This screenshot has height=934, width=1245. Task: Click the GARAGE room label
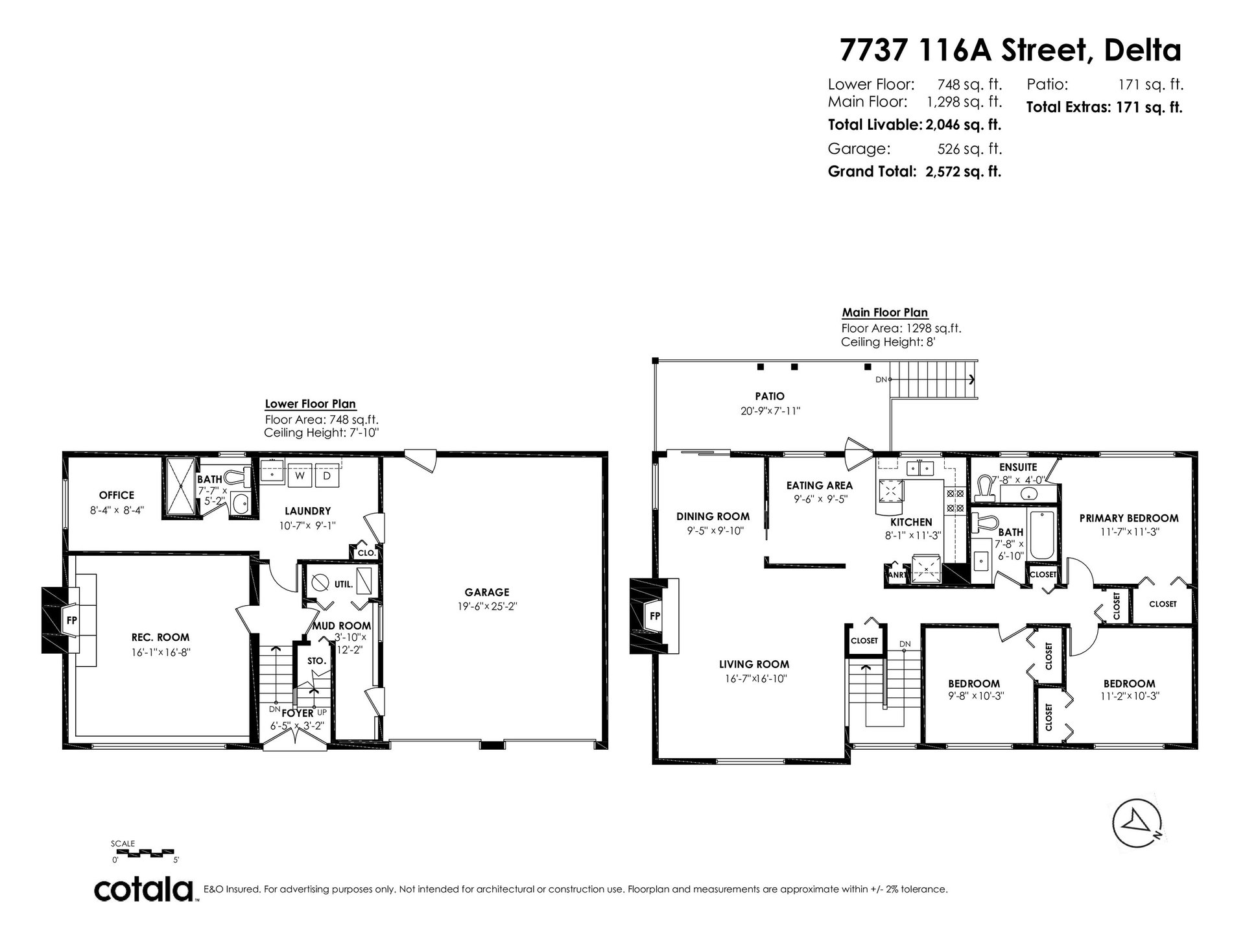coord(487,592)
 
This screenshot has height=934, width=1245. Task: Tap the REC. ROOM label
coord(160,638)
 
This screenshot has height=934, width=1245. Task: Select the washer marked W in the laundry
coord(300,475)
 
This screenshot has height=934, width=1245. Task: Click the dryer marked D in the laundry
coord(327,475)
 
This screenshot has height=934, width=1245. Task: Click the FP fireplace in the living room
coord(654,616)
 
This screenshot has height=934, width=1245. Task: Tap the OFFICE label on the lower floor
coord(117,496)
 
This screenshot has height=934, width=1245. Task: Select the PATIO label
coord(770,396)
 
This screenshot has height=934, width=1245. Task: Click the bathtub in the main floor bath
coord(1042,536)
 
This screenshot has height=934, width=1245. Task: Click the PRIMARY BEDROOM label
coord(1129,518)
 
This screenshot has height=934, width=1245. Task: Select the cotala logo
coord(145,890)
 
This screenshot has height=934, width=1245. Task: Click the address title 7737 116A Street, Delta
coord(1010,51)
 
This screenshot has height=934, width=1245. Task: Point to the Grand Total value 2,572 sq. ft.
coord(964,172)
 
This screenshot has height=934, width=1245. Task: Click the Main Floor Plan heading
coord(884,313)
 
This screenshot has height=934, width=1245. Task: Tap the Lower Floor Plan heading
coord(310,404)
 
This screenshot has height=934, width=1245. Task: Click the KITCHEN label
coord(912,522)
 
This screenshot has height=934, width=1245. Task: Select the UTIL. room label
coord(344,584)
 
